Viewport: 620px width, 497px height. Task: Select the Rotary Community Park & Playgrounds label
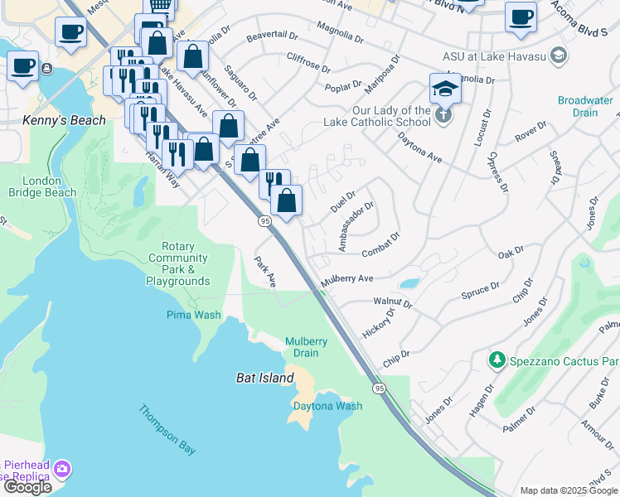(x=178, y=264)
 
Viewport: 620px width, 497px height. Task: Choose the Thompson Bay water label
(x=167, y=429)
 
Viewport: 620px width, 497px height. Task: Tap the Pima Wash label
(x=195, y=315)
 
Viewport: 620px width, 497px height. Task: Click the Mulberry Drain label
(x=307, y=347)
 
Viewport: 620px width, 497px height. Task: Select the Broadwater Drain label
(x=585, y=106)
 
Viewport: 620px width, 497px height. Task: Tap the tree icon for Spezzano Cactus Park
(x=496, y=360)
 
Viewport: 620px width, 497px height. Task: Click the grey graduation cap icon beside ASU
(x=559, y=55)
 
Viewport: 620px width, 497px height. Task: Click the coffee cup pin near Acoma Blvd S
(x=521, y=17)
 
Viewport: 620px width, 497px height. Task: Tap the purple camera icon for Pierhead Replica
(x=61, y=470)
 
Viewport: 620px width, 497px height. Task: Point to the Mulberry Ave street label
(x=346, y=280)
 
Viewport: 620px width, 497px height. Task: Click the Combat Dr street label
(x=380, y=240)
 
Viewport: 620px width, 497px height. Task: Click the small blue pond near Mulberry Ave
(x=409, y=283)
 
